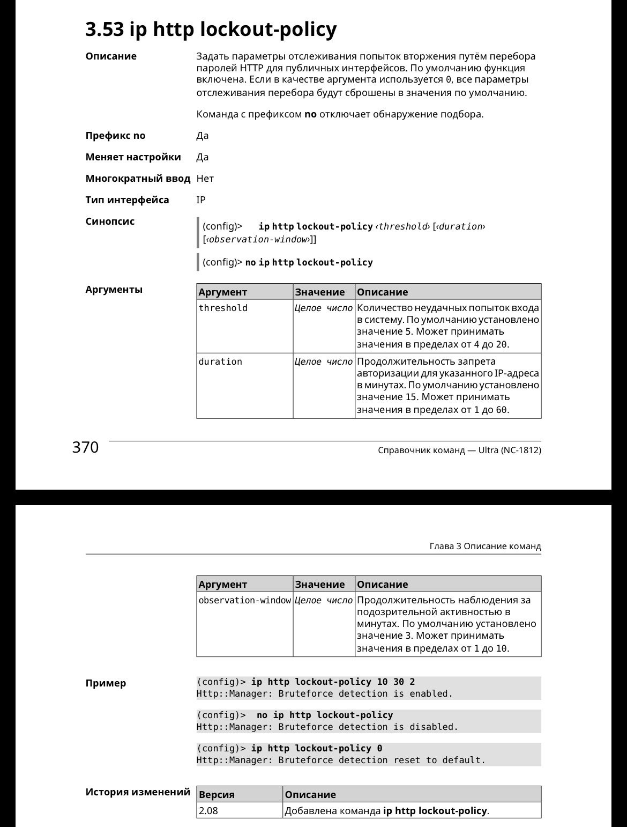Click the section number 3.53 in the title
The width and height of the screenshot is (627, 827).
[104, 29]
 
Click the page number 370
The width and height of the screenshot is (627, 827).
[85, 447]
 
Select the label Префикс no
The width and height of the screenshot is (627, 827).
[115, 136]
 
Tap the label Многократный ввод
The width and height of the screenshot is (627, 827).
[138, 179]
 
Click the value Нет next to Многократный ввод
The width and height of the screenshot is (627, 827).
[205, 179]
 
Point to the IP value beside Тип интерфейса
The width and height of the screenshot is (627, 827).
[201, 200]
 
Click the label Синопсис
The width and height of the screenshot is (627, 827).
[110, 221]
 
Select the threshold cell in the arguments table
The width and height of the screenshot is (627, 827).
[223, 308]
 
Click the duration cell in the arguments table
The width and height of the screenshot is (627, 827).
[220, 362]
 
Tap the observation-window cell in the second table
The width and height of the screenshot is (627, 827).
[244, 601]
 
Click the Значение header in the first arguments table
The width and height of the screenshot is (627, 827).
[320, 292]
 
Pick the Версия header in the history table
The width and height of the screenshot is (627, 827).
[217, 795]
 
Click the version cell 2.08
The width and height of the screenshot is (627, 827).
[208, 811]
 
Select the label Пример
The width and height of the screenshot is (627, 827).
[106, 683]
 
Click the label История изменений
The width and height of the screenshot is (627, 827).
[138, 792]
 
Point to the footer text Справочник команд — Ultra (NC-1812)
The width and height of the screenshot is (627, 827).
[459, 451]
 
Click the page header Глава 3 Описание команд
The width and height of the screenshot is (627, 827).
[485, 547]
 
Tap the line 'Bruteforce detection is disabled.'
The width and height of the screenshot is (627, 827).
[327, 727]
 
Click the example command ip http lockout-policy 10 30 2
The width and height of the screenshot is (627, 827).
[333, 682]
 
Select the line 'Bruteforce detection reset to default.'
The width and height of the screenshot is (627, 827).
[341, 760]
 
